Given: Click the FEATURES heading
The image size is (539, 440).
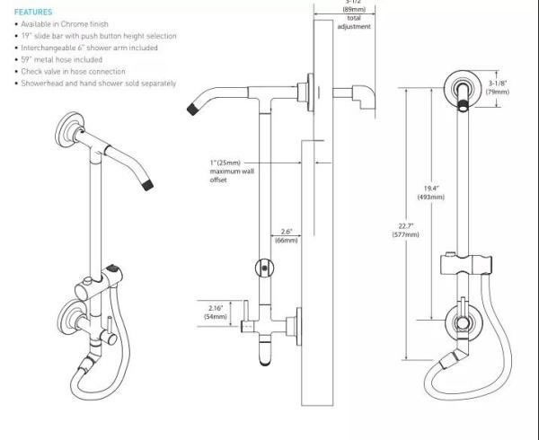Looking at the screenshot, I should click(x=33, y=12).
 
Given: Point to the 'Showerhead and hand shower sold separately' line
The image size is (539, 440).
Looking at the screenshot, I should click(x=99, y=84).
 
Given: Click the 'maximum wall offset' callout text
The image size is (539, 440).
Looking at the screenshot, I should click(x=233, y=171).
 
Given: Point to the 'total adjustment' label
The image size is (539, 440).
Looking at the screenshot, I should click(x=353, y=22).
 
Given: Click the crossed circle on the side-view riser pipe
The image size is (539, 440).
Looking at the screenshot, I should click(x=263, y=267).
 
